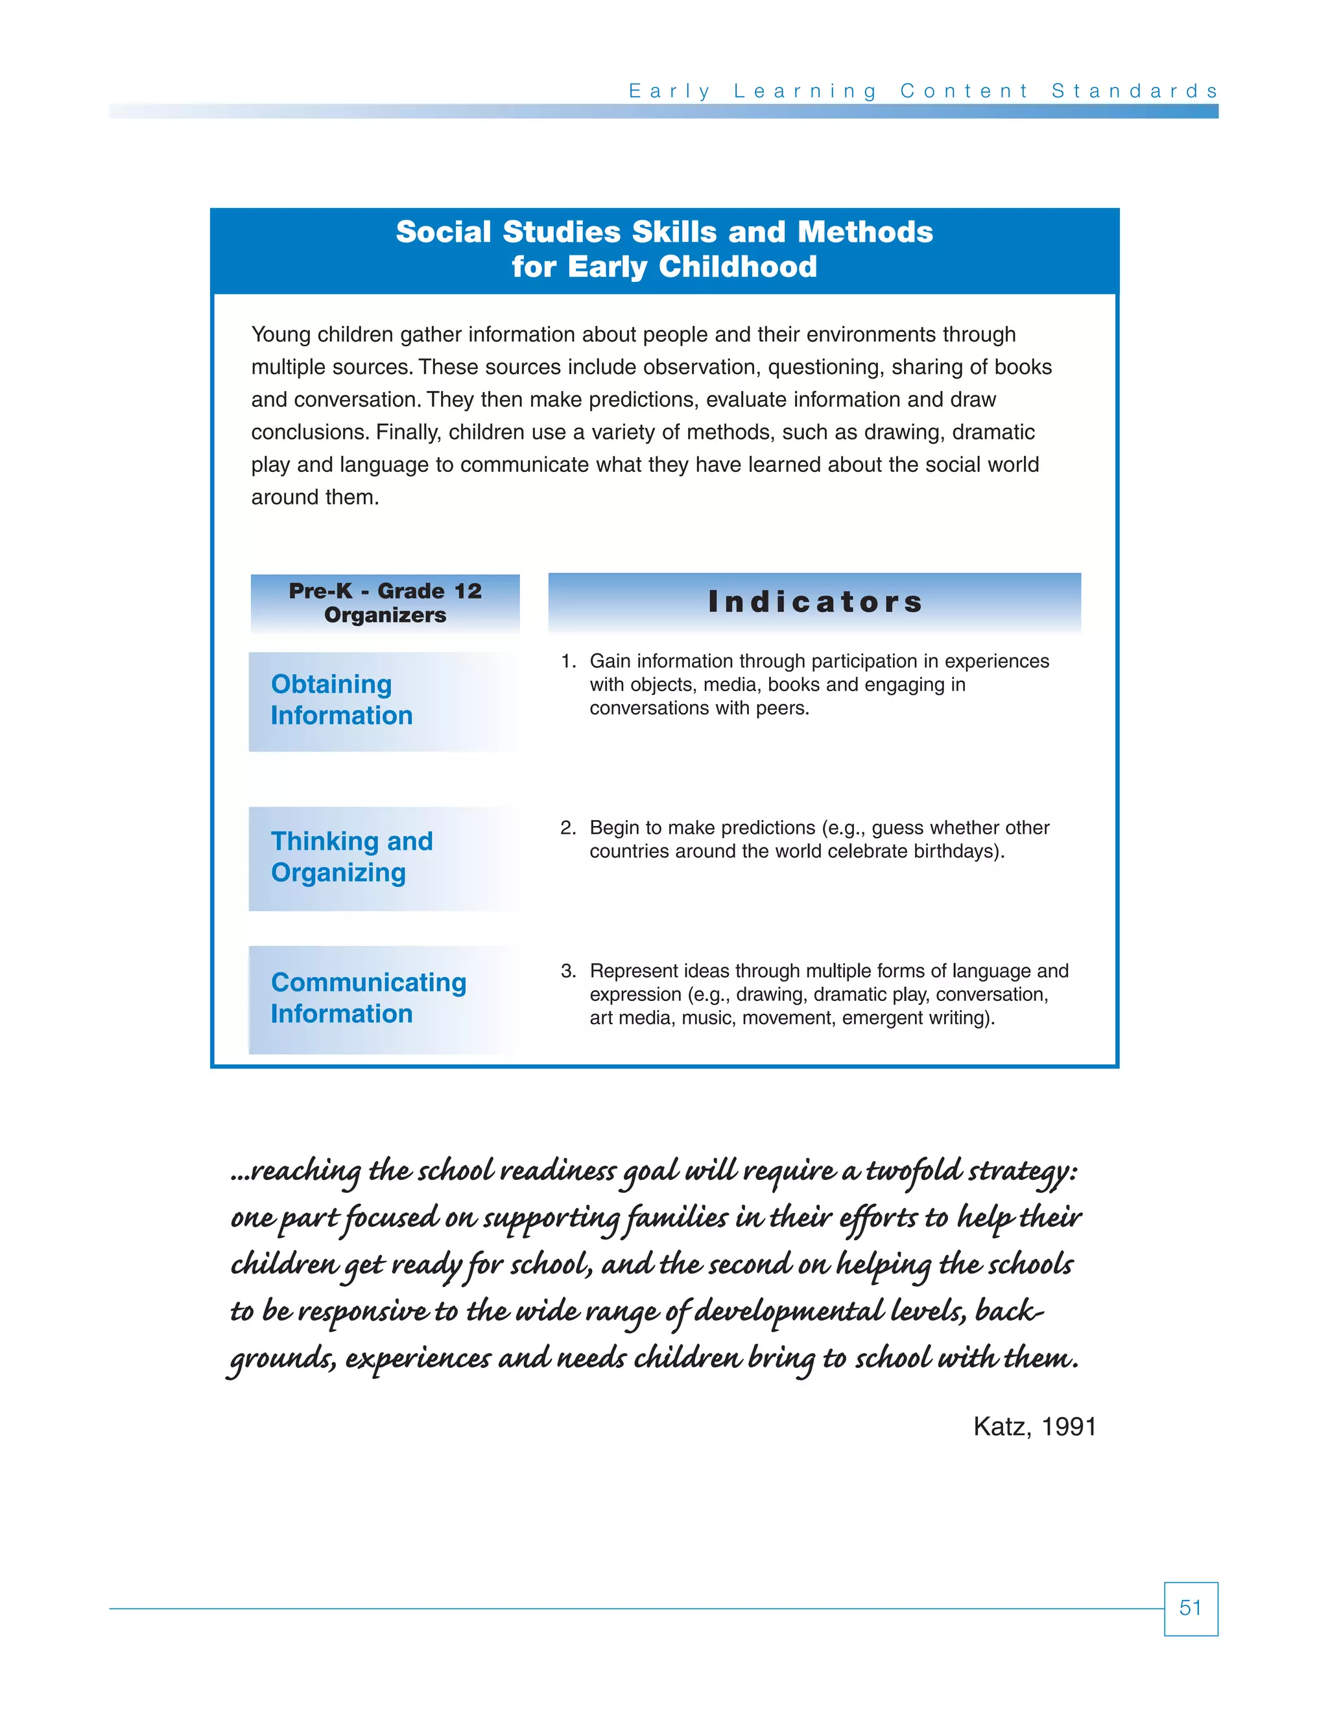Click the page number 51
tap(1191, 1608)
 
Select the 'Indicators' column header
tap(815, 602)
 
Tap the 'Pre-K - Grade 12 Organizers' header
tap(385, 602)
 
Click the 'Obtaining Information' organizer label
tap(342, 700)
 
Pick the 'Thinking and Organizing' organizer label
tap(351, 856)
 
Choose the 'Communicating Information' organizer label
tap(368, 998)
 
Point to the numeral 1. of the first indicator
tap(568, 661)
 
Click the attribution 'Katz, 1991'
tap(1034, 1426)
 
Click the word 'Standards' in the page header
tap(1135, 91)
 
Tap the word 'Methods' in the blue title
tap(864, 232)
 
